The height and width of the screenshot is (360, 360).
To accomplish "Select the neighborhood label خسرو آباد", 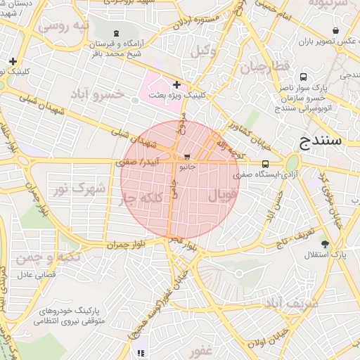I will point(97,94).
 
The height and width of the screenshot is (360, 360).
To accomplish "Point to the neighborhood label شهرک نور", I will point(80,188).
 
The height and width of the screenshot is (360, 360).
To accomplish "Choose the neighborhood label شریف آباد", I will point(291,303).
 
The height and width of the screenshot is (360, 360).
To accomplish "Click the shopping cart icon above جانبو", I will point(186,157).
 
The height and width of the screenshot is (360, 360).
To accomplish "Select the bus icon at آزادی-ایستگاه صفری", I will point(264,163).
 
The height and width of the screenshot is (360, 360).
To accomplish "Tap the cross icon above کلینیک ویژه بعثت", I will point(176,84).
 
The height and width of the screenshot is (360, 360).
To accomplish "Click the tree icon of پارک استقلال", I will point(324,243).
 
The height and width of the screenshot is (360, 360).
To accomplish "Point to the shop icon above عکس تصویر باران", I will point(336,30).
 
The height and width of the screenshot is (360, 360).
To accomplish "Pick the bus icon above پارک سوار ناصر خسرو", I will point(302,77).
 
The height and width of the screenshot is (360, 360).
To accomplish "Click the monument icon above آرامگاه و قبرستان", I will point(116,33).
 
